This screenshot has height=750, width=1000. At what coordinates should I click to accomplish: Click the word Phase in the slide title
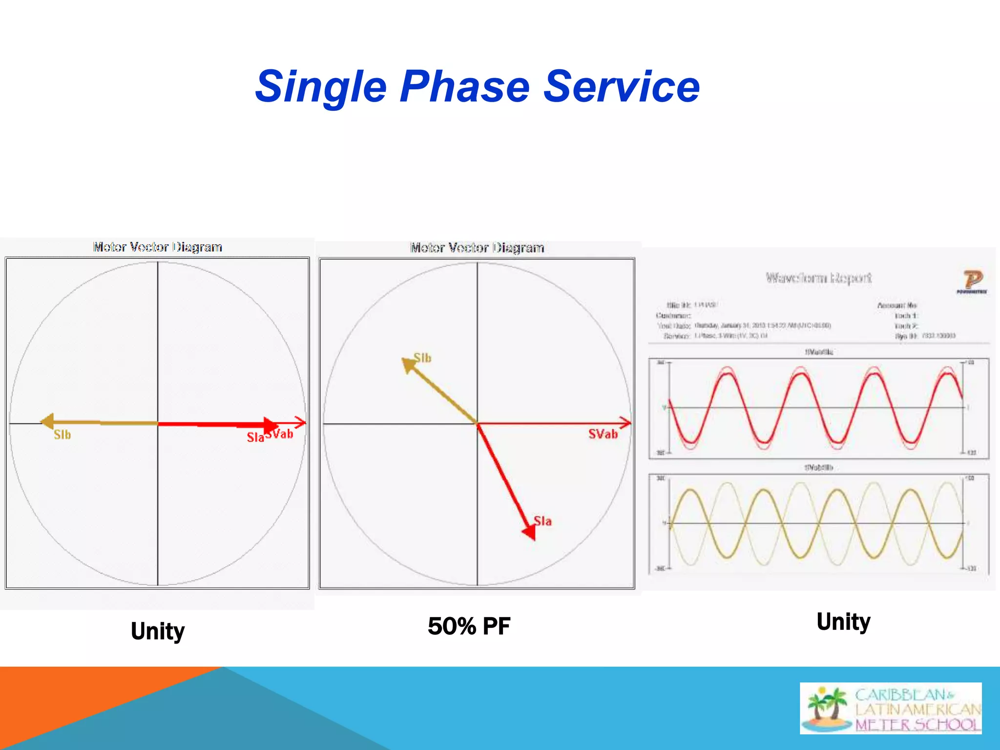(x=464, y=87)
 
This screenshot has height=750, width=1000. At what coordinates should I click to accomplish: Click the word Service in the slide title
(x=621, y=87)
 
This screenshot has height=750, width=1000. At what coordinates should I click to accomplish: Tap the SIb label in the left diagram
(x=62, y=435)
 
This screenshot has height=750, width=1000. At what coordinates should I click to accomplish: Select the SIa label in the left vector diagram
(x=255, y=437)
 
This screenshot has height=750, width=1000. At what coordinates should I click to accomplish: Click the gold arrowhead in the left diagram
(x=47, y=421)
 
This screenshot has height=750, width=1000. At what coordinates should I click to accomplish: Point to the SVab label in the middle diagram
(x=603, y=434)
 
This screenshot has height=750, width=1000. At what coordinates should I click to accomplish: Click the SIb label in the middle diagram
(x=423, y=358)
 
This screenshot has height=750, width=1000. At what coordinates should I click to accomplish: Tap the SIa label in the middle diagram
(x=542, y=521)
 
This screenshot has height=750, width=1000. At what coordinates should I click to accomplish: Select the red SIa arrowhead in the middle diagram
(x=530, y=532)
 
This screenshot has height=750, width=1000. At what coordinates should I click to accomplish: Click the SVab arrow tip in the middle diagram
(x=626, y=422)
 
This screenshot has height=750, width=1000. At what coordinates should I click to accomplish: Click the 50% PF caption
(x=469, y=626)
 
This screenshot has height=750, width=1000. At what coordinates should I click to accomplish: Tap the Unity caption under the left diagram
(x=158, y=631)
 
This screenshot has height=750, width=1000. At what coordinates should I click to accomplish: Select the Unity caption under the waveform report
(x=843, y=622)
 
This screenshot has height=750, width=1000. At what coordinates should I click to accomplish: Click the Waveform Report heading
(x=818, y=278)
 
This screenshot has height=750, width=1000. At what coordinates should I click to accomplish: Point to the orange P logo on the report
(x=972, y=281)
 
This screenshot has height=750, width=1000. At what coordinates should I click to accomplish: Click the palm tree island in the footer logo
(x=827, y=708)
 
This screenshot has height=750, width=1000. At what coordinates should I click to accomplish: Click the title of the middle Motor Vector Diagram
(x=477, y=248)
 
